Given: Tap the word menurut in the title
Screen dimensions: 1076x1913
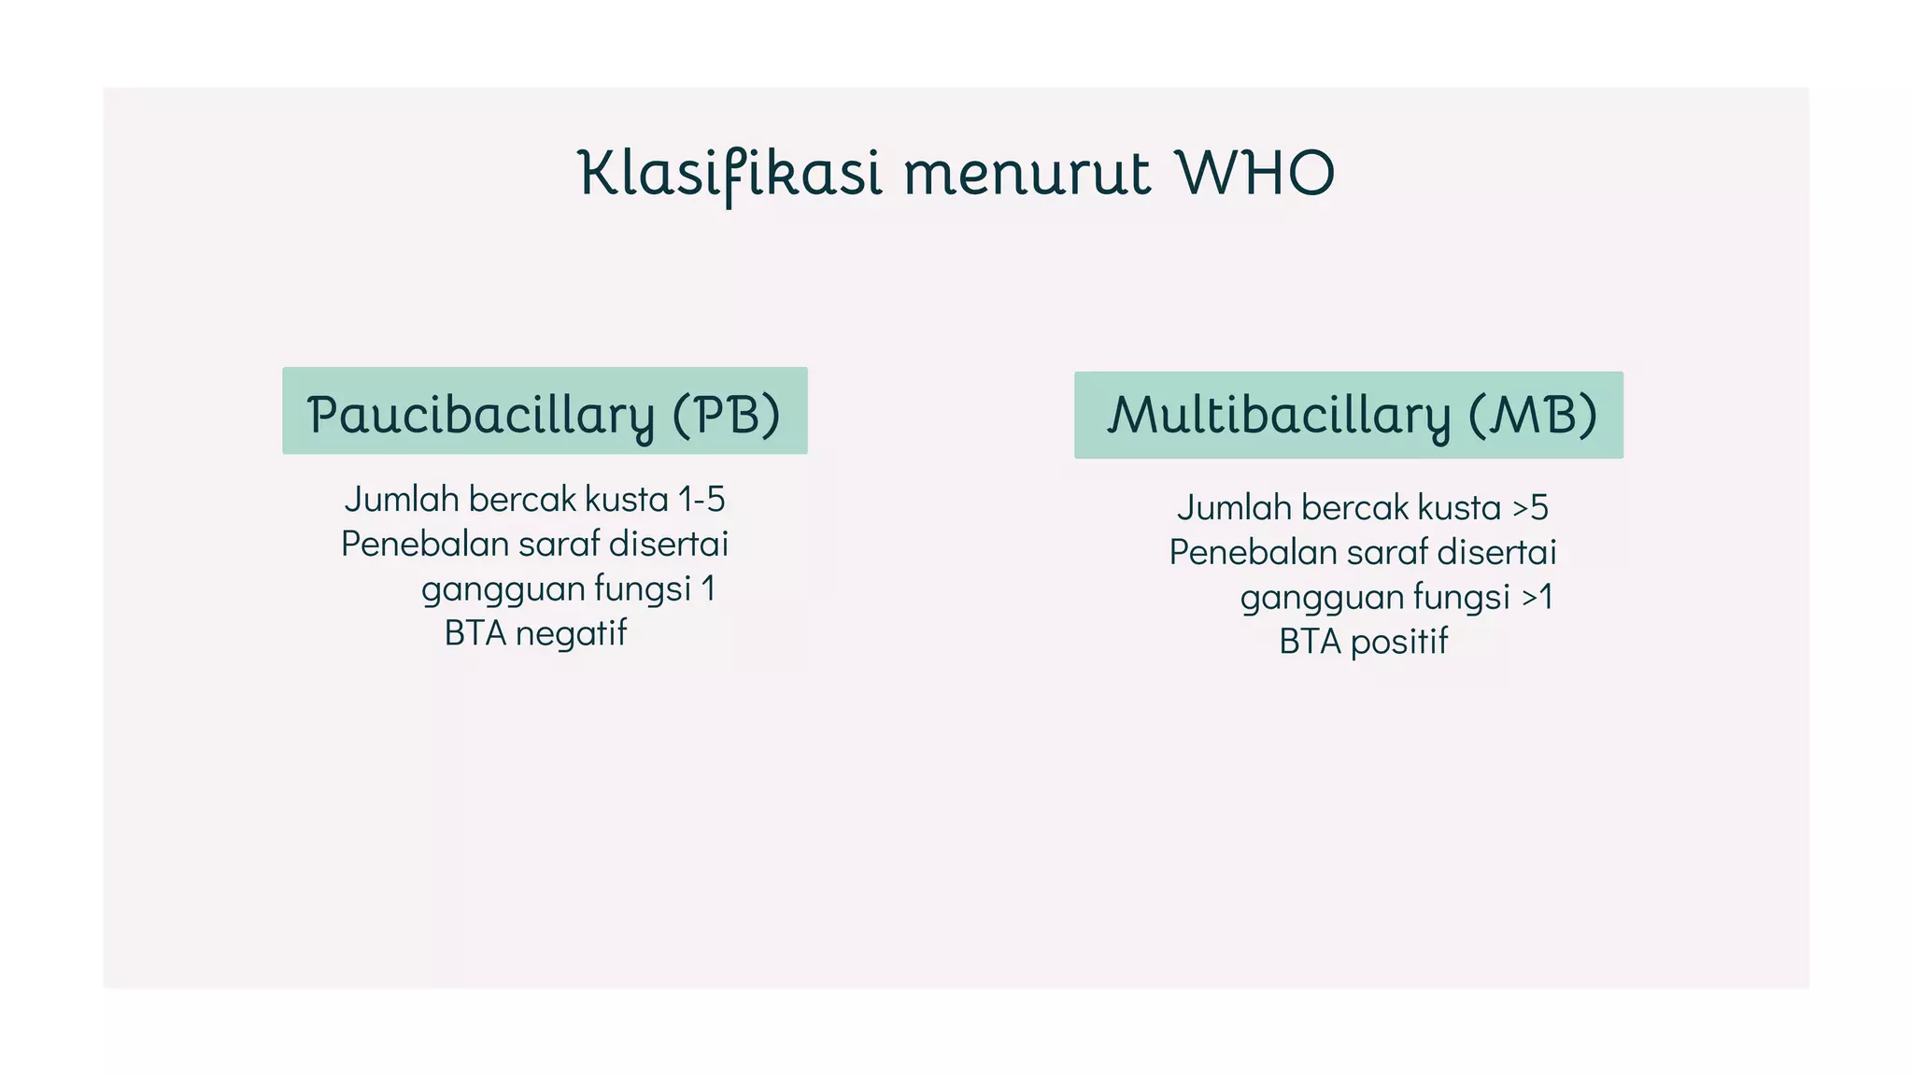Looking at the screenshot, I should pyautogui.click(x=1027, y=176).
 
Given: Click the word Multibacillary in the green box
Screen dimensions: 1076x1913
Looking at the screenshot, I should pyautogui.click(x=1279, y=416).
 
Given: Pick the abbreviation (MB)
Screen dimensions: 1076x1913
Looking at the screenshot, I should pyautogui.click(x=1533, y=416).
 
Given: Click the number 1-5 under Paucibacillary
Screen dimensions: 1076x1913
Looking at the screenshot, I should pyautogui.click(x=701, y=500).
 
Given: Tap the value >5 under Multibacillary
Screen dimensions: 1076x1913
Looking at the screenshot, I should pyautogui.click(x=1530, y=508).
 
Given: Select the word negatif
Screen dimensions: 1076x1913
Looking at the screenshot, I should pyautogui.click(x=571, y=633).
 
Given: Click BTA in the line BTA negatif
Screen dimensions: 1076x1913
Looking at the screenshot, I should pyautogui.click(x=475, y=633).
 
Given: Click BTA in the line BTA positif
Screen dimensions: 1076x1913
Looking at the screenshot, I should pyautogui.click(x=1310, y=642).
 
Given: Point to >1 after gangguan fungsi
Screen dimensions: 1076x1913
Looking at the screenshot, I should pyautogui.click(x=1537, y=597).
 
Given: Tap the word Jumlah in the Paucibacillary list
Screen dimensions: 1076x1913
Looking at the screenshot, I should pyautogui.click(x=402, y=500).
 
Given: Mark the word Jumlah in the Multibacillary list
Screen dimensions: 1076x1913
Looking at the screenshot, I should pyautogui.click(x=1233, y=508).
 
